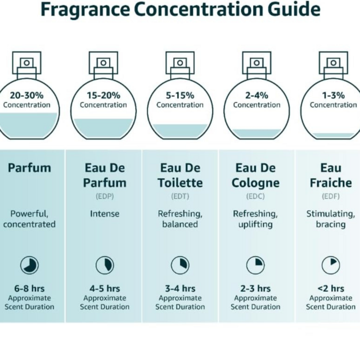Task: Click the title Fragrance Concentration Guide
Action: point(181,9)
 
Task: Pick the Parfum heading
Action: point(29,168)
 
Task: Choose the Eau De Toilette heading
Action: point(180,175)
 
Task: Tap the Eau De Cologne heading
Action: point(255,175)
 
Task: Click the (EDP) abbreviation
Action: point(104,196)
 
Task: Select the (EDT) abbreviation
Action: point(180,196)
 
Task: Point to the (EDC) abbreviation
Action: point(255,196)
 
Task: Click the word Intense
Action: point(104,214)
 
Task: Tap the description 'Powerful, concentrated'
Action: point(29,219)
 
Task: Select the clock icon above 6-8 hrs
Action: point(29,265)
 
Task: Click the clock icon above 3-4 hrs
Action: point(180,265)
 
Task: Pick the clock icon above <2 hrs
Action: point(330,265)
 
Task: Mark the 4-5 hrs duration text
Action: point(104,289)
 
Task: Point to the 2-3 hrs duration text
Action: point(255,289)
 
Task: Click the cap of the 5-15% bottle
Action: point(180,60)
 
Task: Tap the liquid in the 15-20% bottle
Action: point(103,128)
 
